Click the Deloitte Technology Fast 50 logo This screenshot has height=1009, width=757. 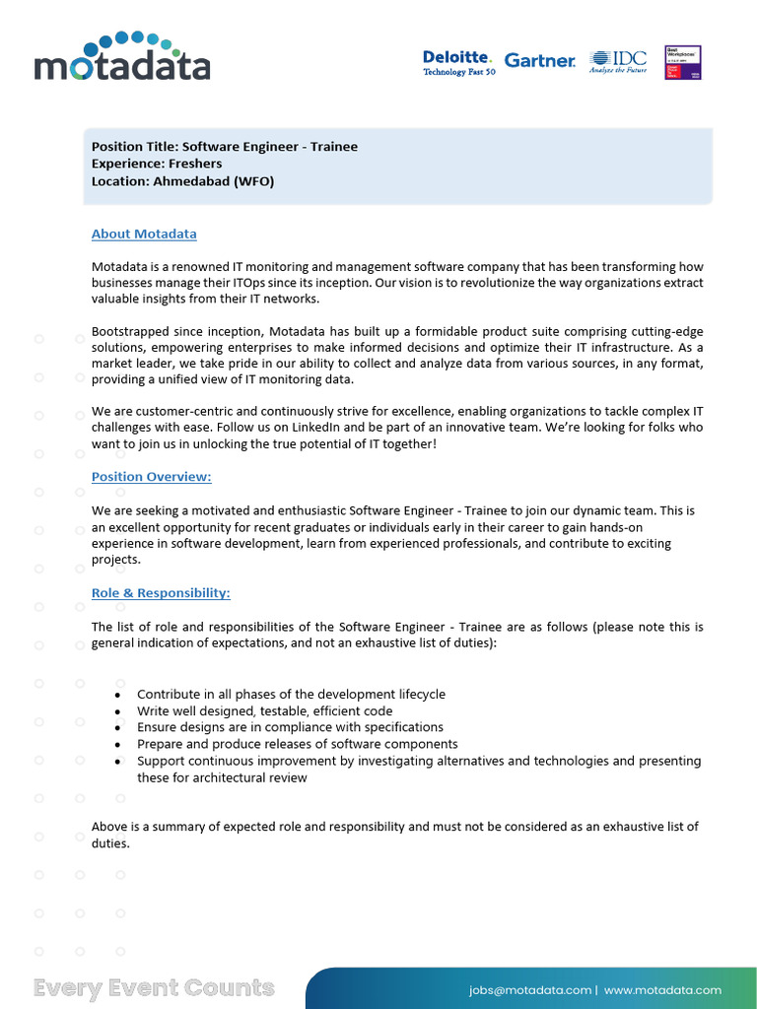coord(458,63)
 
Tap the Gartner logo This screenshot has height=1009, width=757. coord(540,61)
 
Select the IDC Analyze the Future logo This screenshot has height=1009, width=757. coord(618,61)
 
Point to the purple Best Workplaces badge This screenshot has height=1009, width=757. coord(683,62)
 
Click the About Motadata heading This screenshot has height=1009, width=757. coord(144,235)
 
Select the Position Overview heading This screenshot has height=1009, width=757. coord(151,477)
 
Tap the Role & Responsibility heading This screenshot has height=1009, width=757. coord(161,593)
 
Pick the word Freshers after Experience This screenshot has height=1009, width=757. coord(195,164)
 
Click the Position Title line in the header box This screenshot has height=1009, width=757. coord(225,147)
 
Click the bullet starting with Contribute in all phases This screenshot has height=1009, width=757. coord(291,695)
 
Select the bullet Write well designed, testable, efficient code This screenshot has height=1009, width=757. coord(264,711)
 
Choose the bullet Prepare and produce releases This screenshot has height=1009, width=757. coord(297,745)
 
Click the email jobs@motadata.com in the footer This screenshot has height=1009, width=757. coord(530,989)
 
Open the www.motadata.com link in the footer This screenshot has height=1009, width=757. coord(662,989)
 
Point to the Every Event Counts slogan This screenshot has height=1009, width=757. coord(154,988)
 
